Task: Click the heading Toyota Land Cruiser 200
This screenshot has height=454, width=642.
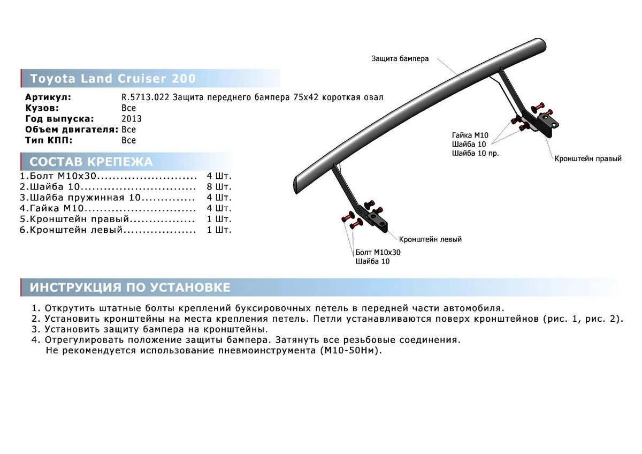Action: pyautogui.click(x=113, y=79)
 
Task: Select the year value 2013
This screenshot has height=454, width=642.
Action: pyautogui.click(x=132, y=119)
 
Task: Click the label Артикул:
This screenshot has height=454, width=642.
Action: pyautogui.click(x=48, y=97)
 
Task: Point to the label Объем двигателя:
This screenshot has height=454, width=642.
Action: pyautogui.click(x=72, y=130)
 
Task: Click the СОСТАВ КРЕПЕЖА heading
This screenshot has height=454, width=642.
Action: pyautogui.click(x=91, y=162)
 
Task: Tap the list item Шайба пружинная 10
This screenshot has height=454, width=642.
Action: pyautogui.click(x=80, y=198)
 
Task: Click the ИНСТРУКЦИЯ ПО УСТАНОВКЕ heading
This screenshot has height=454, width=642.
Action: pyautogui.click(x=130, y=287)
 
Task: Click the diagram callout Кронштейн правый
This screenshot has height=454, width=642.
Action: pyautogui.click(x=588, y=159)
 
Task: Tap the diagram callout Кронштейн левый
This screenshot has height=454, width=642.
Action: pyautogui.click(x=430, y=239)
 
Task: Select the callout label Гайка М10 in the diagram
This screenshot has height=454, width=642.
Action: pyautogui.click(x=470, y=136)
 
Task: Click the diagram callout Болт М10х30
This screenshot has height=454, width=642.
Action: pyautogui.click(x=378, y=252)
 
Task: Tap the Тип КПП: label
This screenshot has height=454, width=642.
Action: pyautogui.click(x=49, y=140)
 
